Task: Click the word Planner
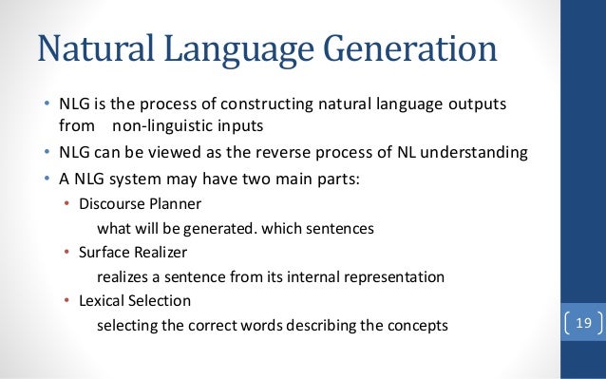[173, 203]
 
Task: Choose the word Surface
[104, 252]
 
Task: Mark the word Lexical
[103, 300]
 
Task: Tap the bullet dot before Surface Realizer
[66, 253]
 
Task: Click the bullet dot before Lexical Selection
[66, 301]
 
